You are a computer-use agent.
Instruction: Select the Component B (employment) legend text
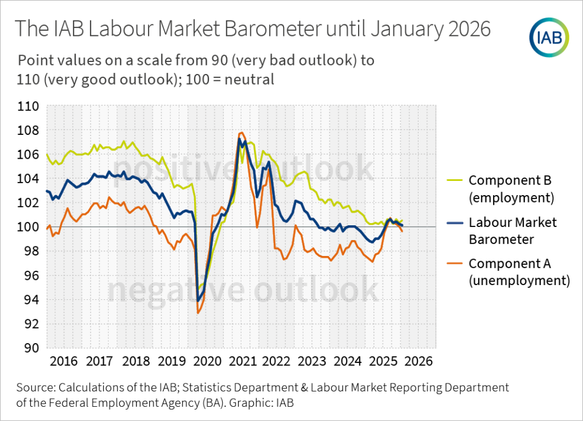511,189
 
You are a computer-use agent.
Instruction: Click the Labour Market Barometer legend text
512,230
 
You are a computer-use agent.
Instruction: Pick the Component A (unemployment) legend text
519,271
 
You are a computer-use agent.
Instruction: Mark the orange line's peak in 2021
241,133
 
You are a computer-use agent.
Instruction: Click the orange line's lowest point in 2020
198,313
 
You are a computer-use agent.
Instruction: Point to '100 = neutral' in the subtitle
234,79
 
